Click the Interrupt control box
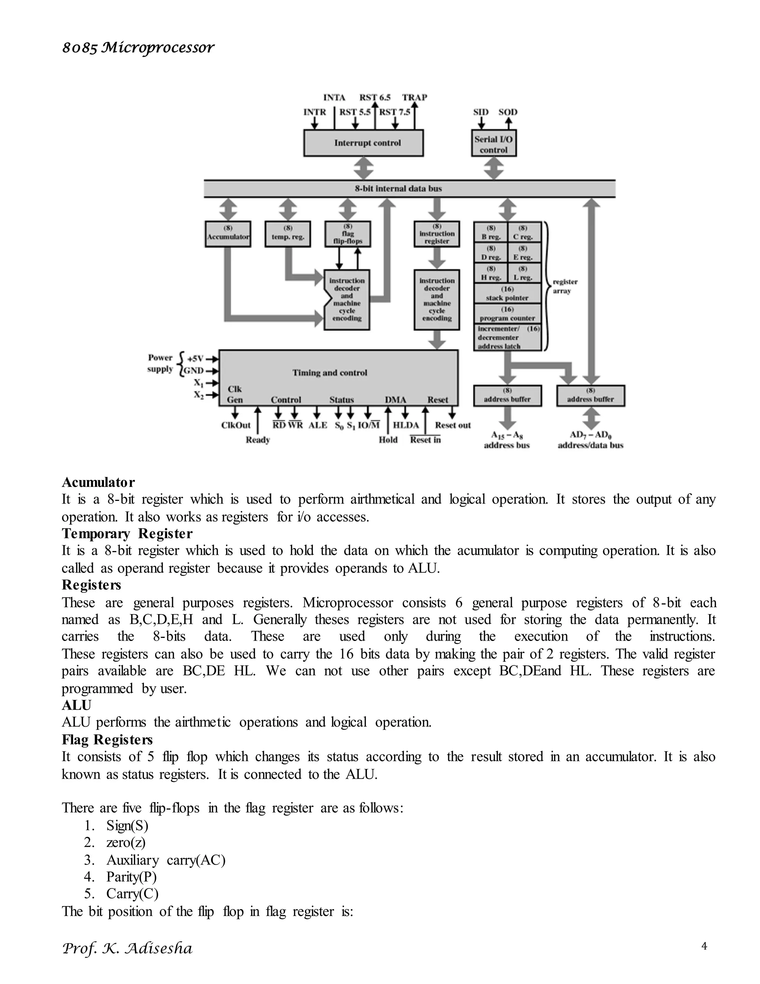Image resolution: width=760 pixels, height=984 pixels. pos(363,143)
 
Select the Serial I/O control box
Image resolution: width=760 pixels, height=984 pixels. pos(494,144)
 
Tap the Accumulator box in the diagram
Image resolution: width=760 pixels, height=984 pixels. pos(228,234)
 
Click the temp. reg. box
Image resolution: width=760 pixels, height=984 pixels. pos(288,234)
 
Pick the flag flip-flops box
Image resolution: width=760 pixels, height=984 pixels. pos(348,234)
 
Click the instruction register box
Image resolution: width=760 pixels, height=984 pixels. pos(437,234)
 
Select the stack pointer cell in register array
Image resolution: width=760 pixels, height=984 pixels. pos(507,293)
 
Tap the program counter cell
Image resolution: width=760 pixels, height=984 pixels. pos(507,314)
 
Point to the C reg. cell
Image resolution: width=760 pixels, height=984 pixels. pos(523,232)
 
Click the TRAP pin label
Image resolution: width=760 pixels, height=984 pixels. pos(415,97)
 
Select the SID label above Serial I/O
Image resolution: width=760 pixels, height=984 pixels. pos(481,112)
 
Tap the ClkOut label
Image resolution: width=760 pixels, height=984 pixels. pos(236,425)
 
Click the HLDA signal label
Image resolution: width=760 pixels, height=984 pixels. pos(406,425)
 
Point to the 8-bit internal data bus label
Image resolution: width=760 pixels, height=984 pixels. pos(398,189)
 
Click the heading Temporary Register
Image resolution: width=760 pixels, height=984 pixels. pos(127,534)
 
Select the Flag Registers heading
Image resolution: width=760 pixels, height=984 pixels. pos(107,739)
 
